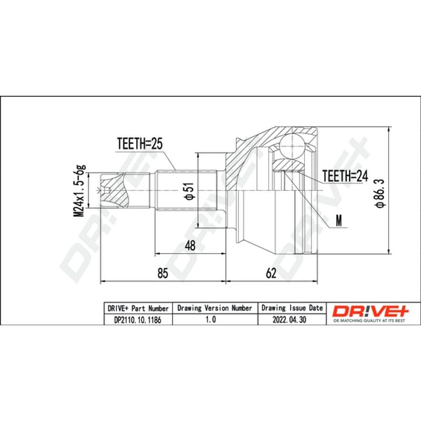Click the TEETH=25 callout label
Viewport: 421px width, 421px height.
(139, 144)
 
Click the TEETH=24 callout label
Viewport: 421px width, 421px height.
(345, 176)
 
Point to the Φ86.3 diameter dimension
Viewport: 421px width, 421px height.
(380, 193)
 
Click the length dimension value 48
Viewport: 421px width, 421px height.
(190, 246)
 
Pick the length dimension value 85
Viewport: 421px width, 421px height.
(163, 273)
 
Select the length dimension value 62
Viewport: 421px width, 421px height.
(271, 273)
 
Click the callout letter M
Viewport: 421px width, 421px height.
(339, 220)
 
